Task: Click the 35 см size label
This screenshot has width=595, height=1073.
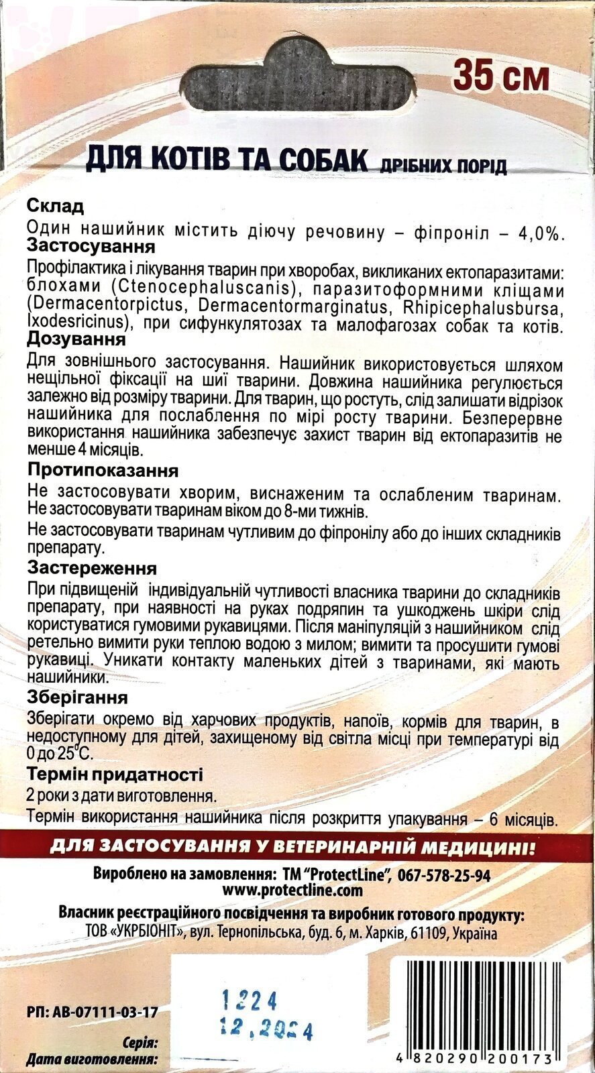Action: tap(500, 76)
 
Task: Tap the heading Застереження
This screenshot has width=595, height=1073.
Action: tap(93, 568)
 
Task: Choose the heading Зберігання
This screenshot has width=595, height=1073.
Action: tap(78, 698)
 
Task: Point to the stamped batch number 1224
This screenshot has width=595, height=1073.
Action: tap(250, 1002)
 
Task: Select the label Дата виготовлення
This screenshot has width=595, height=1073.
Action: tap(92, 1061)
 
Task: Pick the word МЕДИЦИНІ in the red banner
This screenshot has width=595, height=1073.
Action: tap(481, 848)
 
